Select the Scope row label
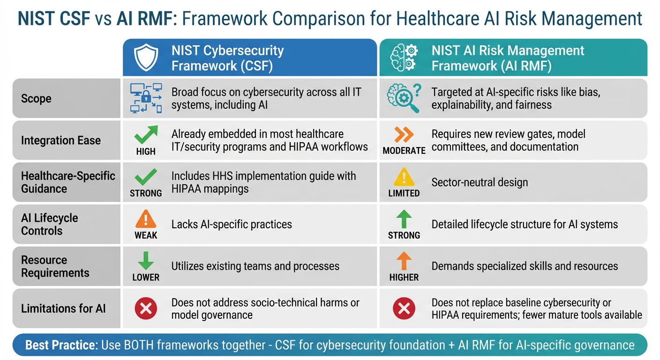(x=36, y=99)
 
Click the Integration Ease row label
(x=61, y=140)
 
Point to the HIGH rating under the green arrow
(x=146, y=151)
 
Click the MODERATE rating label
(x=404, y=151)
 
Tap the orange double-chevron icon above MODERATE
(x=404, y=135)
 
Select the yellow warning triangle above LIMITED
(x=404, y=177)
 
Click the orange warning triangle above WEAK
(x=146, y=219)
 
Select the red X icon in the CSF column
(x=146, y=308)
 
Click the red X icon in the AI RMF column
(x=404, y=308)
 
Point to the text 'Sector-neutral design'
(x=480, y=182)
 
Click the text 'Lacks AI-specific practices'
(x=232, y=224)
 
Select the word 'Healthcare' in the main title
(x=428, y=19)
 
